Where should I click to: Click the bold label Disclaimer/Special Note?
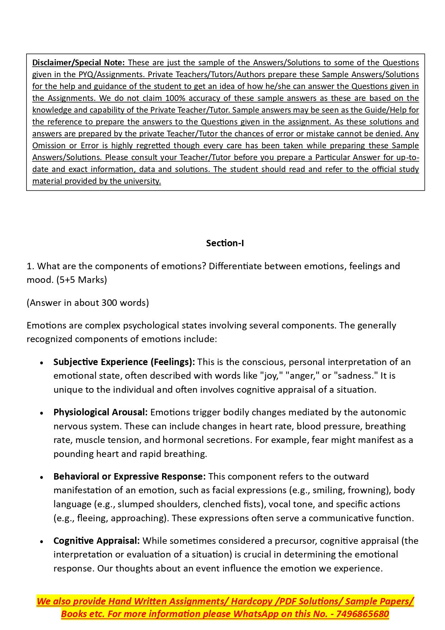tap(78, 62)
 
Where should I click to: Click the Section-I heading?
tap(225, 243)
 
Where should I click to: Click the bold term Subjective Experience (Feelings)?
tap(124, 362)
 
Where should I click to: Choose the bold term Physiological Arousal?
tap(100, 412)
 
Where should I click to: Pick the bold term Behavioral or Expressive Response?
tap(129, 476)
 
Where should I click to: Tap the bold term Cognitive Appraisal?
tap(96, 541)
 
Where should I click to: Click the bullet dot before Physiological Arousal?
tap(42, 413)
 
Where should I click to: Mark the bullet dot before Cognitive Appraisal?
tap(42, 542)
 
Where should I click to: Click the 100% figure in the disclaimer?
tap(175, 98)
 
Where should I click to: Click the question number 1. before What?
tap(30, 266)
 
